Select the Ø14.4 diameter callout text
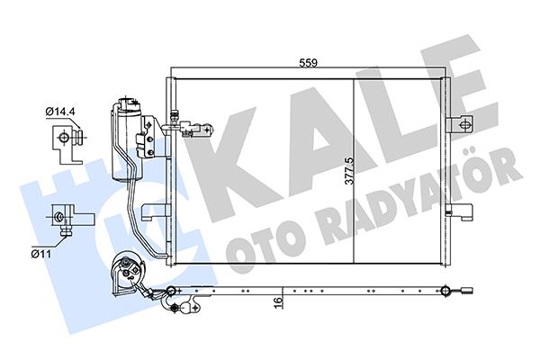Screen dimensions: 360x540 60,111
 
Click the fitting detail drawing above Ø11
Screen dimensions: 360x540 66,220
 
